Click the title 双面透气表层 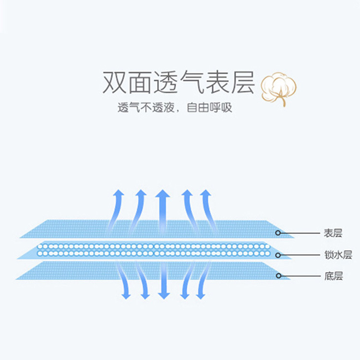(178, 83)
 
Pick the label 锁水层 (337, 255)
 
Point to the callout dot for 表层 (278, 233)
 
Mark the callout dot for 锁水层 (278, 255)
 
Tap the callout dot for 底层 (278, 276)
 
